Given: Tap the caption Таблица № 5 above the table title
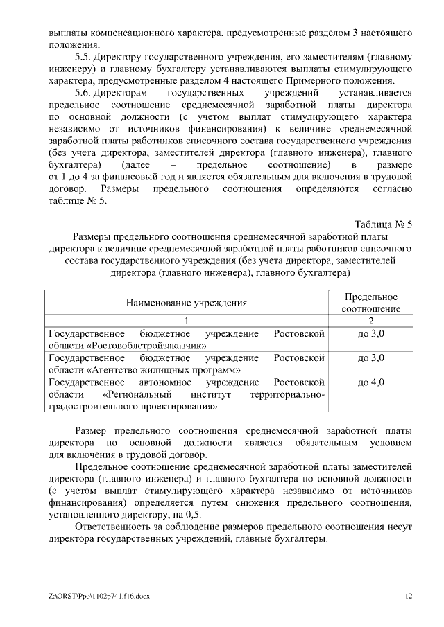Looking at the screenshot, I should click(x=383, y=224).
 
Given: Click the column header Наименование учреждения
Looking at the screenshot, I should click(x=186, y=303).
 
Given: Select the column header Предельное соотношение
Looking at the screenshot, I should click(x=370, y=303).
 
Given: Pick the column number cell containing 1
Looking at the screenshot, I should click(x=186, y=321).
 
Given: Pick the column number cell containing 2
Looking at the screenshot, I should click(x=370, y=321).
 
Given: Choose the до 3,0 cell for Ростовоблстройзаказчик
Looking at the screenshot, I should click(x=370, y=334).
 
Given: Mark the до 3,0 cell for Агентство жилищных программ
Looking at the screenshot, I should click(x=370, y=358).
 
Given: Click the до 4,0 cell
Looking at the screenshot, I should click(x=370, y=382).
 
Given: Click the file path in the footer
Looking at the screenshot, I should click(x=101, y=595).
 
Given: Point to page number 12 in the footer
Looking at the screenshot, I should click(x=409, y=595).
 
